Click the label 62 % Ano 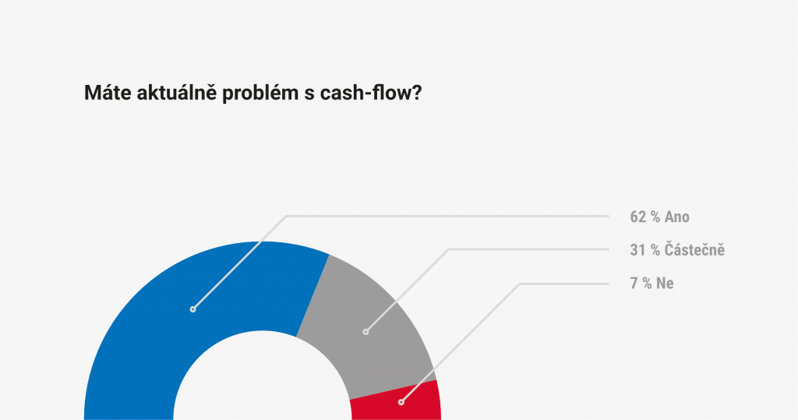click(x=659, y=217)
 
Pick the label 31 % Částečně click(x=677, y=250)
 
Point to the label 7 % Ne click(x=651, y=283)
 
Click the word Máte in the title click(x=107, y=93)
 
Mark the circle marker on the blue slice click(x=193, y=309)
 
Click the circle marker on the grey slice click(x=365, y=332)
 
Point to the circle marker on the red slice click(x=401, y=402)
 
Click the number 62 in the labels click(x=637, y=217)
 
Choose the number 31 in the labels click(x=637, y=250)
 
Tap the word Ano click(x=677, y=217)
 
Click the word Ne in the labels click(x=666, y=283)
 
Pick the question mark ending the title click(x=416, y=93)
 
